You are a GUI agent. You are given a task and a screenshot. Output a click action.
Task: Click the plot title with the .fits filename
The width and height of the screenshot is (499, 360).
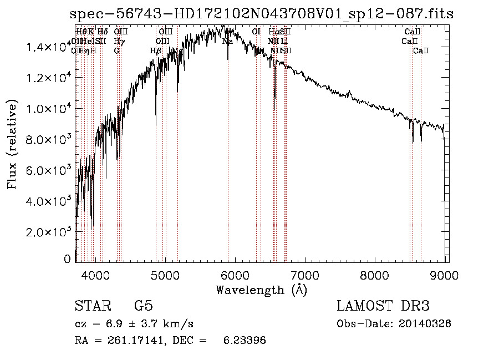coord(262,14)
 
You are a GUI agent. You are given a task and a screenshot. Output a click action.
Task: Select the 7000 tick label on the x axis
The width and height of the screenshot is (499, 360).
coord(306,275)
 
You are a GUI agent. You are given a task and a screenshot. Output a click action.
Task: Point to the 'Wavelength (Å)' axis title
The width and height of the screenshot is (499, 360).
coord(261,290)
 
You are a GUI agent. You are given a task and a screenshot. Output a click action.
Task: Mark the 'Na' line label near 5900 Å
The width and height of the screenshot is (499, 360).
coord(227,41)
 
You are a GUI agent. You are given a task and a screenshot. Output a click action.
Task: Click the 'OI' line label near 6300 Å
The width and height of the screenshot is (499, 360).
coord(256,32)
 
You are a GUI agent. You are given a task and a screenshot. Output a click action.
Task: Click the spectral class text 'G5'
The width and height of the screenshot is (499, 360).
coord(143,307)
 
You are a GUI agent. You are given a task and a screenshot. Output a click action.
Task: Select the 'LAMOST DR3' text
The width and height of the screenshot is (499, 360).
coord(383,307)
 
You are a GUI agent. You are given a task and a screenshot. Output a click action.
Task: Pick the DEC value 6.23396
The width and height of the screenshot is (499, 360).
coord(245,341)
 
